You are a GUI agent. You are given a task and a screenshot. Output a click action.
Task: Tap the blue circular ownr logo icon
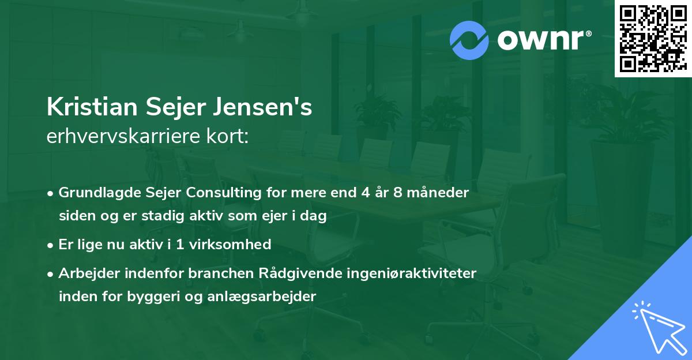click(x=469, y=40)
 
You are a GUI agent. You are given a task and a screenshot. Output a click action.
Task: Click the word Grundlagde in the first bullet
click(x=94, y=193)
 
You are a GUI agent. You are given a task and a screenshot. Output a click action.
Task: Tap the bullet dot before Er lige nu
click(x=51, y=245)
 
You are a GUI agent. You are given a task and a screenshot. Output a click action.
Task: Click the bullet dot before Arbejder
click(x=51, y=273)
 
